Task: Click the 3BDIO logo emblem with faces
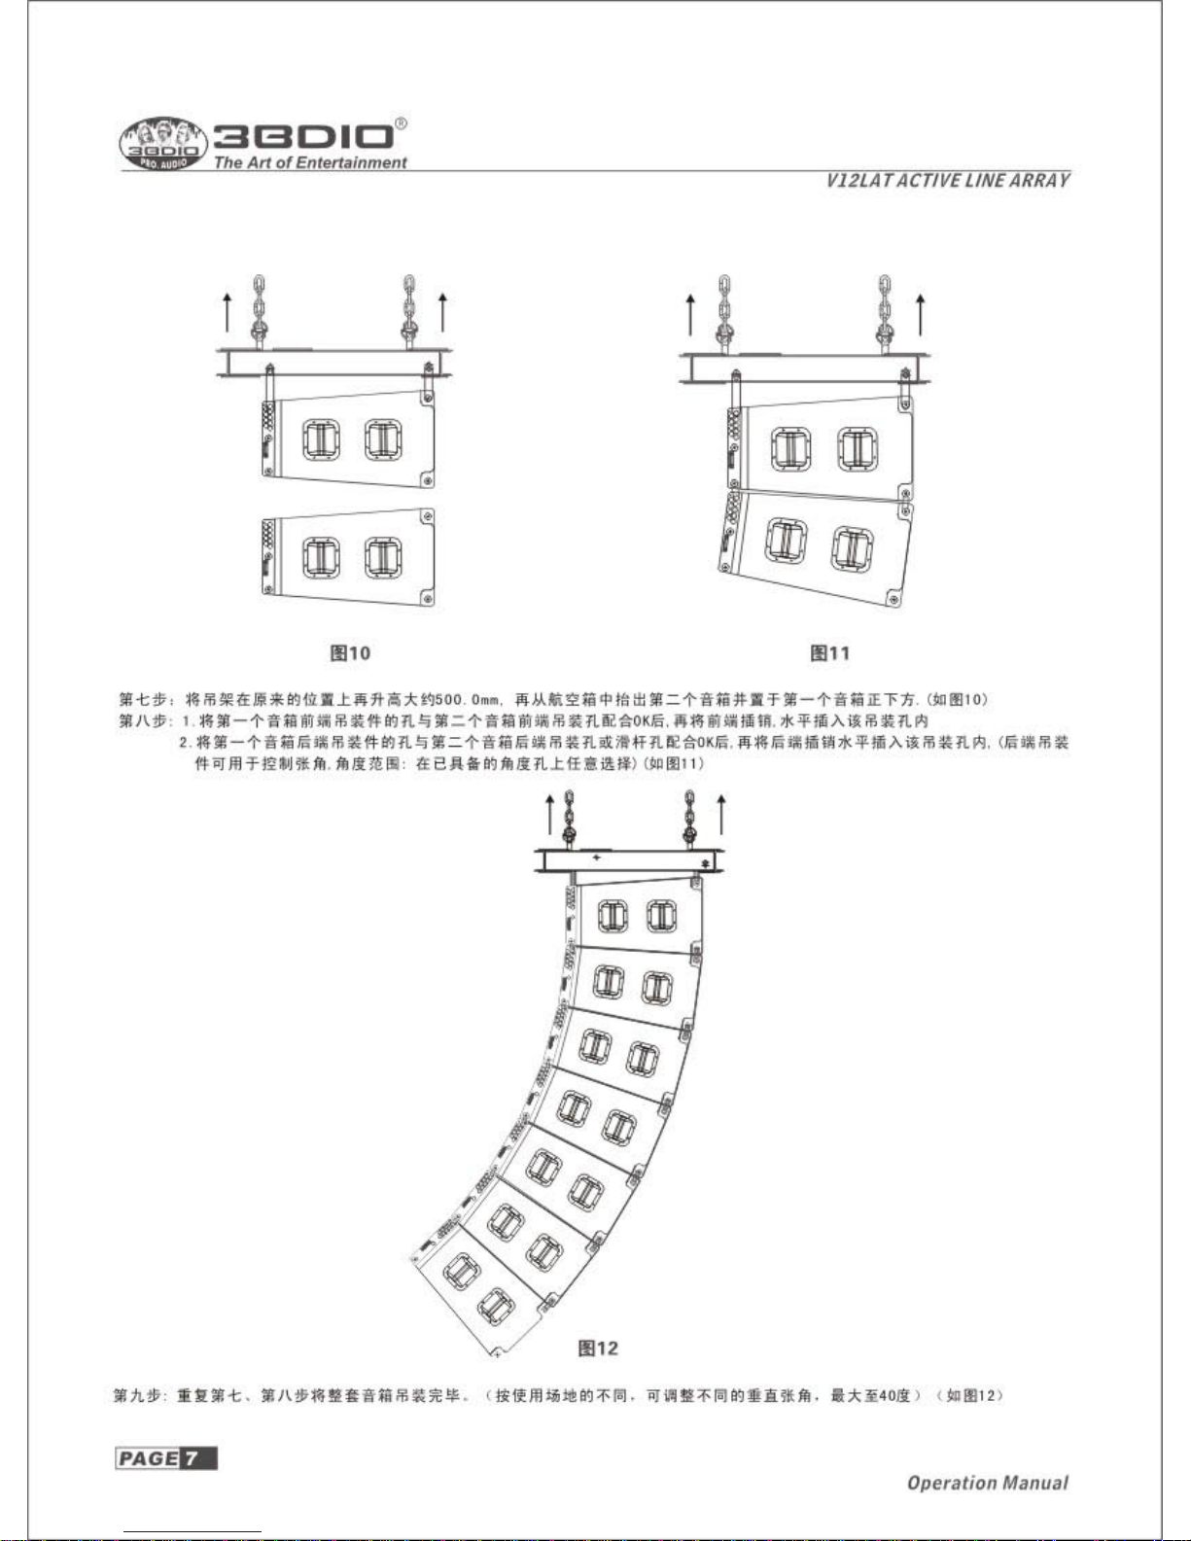click(x=162, y=147)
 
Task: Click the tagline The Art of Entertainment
click(x=310, y=163)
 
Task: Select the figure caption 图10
click(x=350, y=652)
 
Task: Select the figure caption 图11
click(x=830, y=652)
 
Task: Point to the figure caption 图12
click(x=598, y=1348)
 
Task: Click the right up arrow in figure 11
click(x=921, y=312)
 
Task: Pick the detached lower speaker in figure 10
click(x=348, y=557)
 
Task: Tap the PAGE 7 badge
click(x=165, y=1458)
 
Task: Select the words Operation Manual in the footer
click(x=987, y=1483)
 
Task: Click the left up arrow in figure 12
click(x=550, y=813)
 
